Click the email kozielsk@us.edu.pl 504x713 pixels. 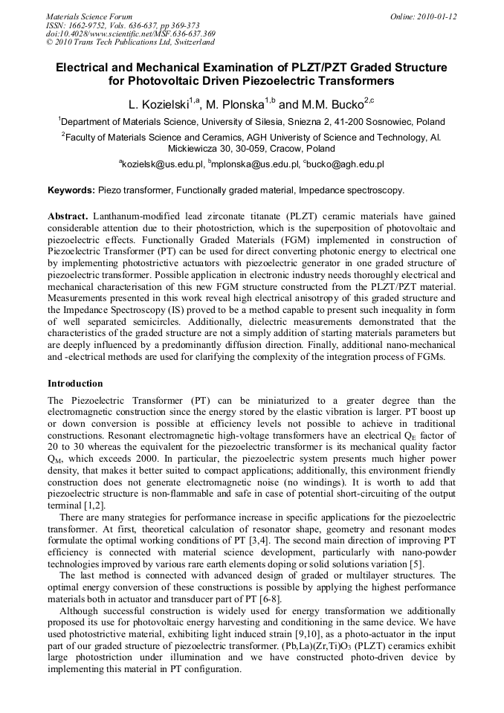tap(161, 164)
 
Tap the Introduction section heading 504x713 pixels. tap(75, 384)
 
